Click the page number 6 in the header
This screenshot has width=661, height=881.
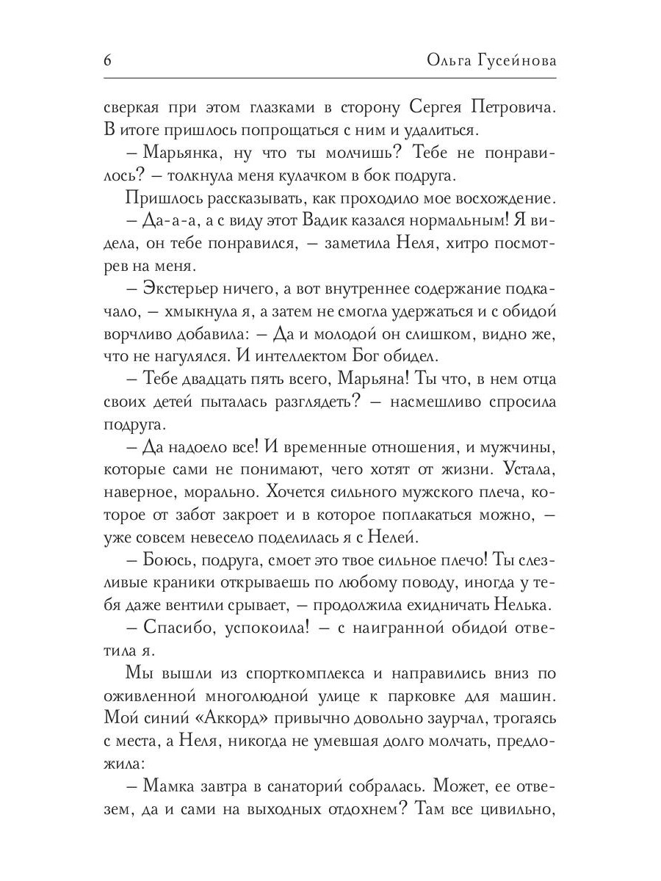(x=107, y=60)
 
